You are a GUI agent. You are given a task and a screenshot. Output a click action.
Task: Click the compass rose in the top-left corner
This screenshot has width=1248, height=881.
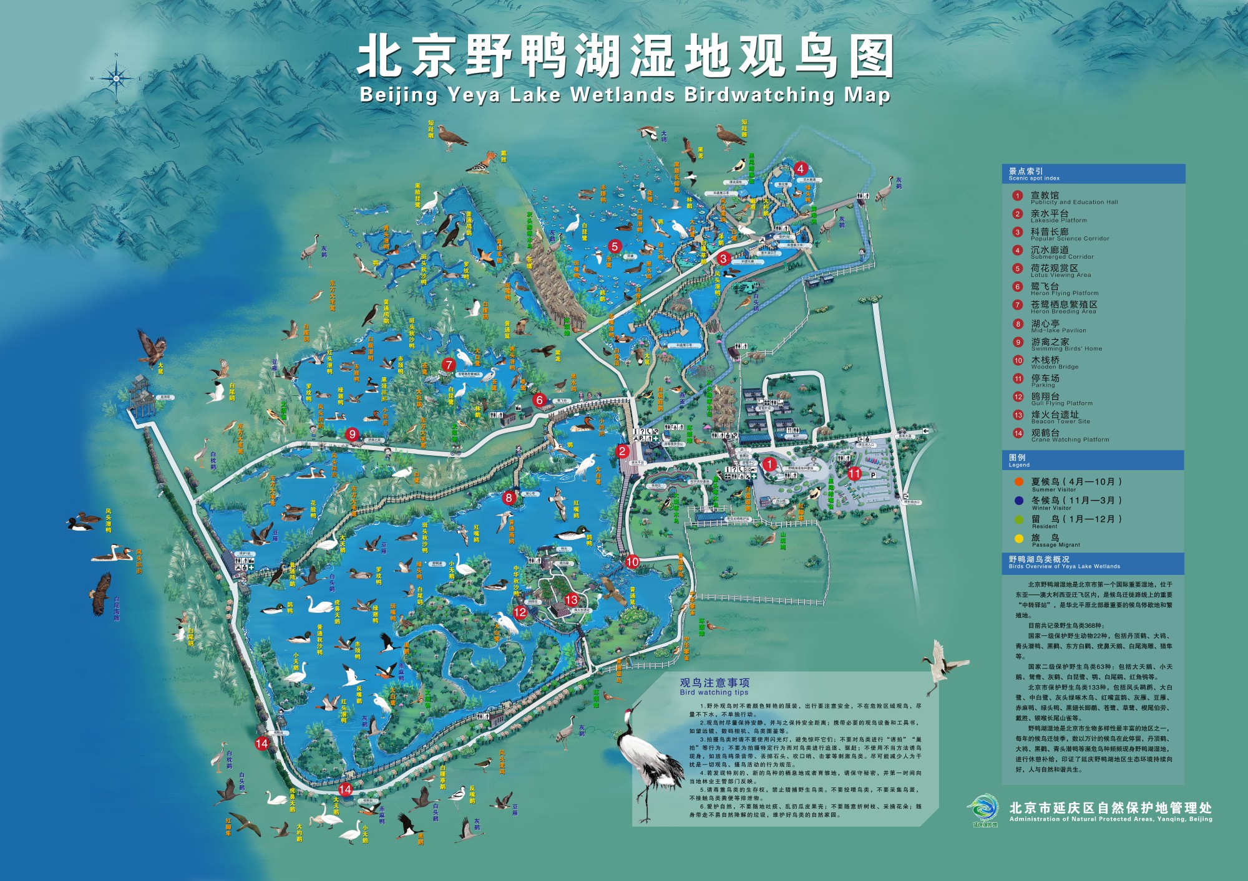[x=116, y=78]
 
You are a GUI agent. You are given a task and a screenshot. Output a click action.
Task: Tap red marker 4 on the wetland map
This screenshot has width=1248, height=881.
[x=801, y=168]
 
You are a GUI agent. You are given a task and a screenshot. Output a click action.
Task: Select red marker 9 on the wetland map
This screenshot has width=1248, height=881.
[x=353, y=435]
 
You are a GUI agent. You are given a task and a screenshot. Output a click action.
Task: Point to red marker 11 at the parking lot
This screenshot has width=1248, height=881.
[x=854, y=474]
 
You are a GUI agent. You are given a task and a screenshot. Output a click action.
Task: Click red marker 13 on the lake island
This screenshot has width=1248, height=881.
[x=572, y=600]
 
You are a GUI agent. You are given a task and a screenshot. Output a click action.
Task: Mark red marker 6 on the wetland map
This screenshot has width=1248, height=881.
[x=540, y=400]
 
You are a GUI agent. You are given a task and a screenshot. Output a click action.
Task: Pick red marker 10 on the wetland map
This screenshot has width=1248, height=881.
[x=632, y=562]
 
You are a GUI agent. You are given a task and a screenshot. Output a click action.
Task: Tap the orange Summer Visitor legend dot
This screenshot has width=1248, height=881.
[x=1019, y=481]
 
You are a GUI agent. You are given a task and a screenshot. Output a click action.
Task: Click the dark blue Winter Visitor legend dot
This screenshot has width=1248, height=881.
[x=1019, y=500]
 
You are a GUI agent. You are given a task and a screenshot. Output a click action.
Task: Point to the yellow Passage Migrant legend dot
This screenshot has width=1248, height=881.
[x=1019, y=538]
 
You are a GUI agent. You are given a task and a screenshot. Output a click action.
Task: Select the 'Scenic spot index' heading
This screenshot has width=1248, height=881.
[x=1034, y=173]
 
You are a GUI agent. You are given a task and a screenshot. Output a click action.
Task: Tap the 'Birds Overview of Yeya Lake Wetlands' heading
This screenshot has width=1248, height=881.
[x=1064, y=562]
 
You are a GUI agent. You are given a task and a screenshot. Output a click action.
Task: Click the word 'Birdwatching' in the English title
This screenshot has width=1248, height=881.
[x=759, y=95]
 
